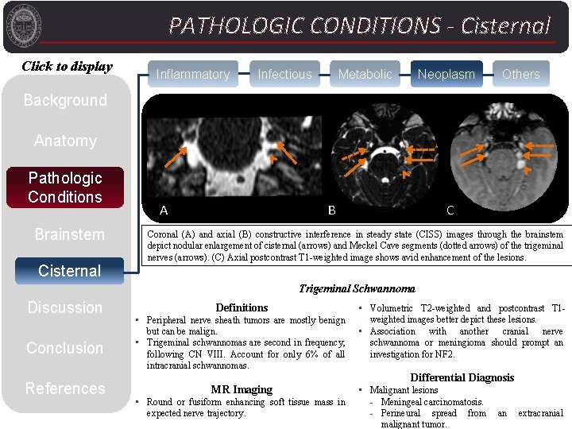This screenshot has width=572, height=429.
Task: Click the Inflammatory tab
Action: click(x=193, y=74)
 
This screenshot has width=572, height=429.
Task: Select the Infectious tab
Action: click(x=284, y=74)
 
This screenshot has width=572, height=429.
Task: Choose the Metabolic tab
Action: click(x=365, y=74)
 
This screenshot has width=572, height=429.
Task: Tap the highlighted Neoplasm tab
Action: click(x=446, y=74)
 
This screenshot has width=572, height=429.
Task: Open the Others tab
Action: click(x=520, y=74)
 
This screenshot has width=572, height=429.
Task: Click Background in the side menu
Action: click(x=65, y=100)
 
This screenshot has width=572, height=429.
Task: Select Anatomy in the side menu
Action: click(x=65, y=141)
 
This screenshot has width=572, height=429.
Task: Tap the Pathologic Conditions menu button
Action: click(x=65, y=187)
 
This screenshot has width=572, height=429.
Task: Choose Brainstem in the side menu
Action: click(x=69, y=234)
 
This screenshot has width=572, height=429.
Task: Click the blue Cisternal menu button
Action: click(x=69, y=271)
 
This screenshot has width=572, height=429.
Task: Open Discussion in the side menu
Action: click(x=65, y=307)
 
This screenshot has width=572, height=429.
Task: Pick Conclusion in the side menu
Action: click(x=65, y=348)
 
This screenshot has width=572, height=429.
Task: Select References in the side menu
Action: click(x=65, y=388)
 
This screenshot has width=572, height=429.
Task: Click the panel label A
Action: click(x=164, y=211)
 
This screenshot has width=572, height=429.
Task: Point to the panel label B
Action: click(x=332, y=211)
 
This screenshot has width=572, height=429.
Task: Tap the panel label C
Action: click(x=450, y=211)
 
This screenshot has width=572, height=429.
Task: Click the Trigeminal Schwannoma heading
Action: click(x=357, y=288)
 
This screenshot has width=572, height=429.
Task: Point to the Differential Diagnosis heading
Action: click(x=462, y=377)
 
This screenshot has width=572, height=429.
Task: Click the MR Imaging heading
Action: click(x=242, y=389)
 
